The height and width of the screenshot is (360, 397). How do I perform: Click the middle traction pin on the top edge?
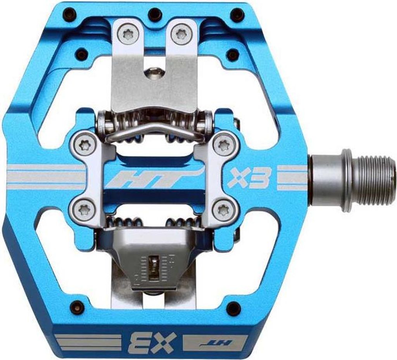click(155, 14)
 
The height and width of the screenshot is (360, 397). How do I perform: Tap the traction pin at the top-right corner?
click(237, 15)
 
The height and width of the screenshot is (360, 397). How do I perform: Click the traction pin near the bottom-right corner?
click(233, 308)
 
